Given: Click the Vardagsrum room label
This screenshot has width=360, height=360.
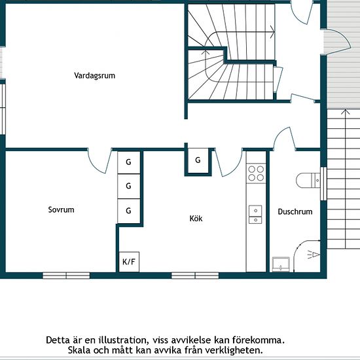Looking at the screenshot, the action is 95,75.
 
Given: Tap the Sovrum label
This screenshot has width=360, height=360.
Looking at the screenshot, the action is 61,209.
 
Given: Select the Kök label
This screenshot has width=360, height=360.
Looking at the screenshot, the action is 196,218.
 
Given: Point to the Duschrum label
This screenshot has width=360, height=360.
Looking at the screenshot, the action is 295,211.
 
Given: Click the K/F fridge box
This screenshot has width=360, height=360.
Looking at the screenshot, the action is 129,262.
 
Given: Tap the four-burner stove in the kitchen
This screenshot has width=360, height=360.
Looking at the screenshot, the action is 256,173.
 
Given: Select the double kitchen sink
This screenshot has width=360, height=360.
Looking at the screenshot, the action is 255,215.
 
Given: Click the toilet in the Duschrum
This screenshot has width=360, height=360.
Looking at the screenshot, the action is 308,180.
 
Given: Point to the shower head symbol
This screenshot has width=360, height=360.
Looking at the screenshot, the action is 314,255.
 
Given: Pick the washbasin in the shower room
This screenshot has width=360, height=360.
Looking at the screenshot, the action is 281,264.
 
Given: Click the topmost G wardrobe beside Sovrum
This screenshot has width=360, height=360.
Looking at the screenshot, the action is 129,162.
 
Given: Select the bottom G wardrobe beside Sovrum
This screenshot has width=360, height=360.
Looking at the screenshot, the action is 129,211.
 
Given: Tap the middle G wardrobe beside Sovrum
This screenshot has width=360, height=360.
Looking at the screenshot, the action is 129,186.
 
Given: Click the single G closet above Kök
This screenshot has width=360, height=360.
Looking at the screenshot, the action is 198,160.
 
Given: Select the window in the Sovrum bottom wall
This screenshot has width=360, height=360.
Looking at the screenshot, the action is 66,276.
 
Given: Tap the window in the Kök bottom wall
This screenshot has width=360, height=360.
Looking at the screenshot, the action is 195,276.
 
